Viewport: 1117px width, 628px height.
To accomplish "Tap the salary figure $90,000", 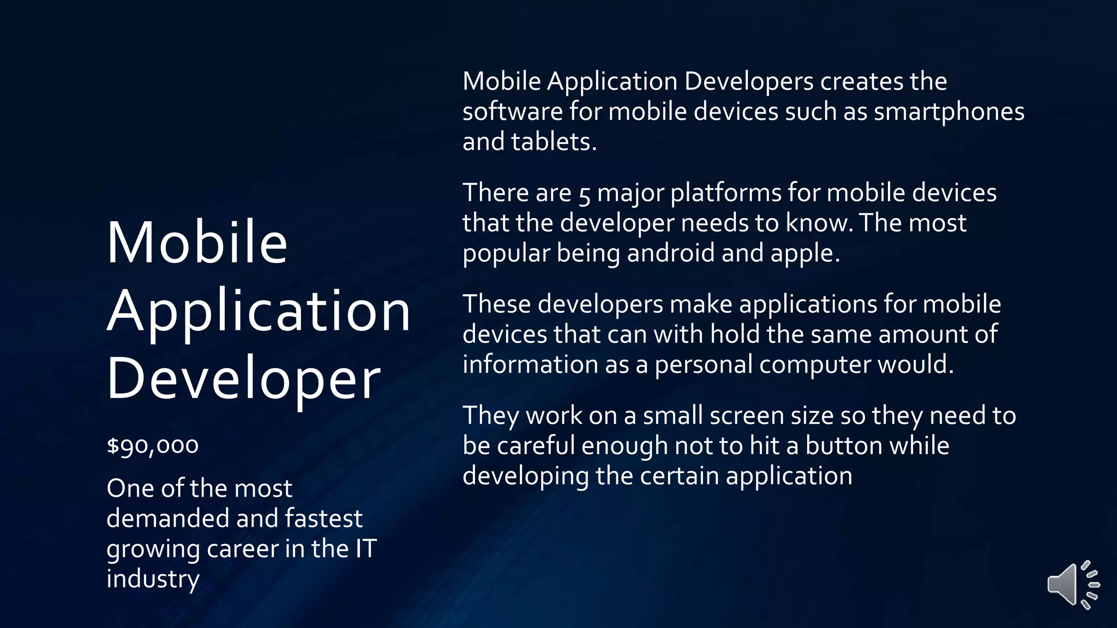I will click(x=153, y=445).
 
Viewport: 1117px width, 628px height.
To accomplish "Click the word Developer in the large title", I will click(x=243, y=378).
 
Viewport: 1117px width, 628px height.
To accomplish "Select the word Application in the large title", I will click(x=259, y=311).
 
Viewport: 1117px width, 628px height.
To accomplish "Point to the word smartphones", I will click(x=949, y=112).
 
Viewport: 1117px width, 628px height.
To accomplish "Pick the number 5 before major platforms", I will click(x=584, y=194).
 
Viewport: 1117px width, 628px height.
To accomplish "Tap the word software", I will click(x=512, y=112).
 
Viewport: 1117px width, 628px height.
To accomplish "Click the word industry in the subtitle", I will click(x=153, y=579).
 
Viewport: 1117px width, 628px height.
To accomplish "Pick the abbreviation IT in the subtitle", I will click(x=365, y=548).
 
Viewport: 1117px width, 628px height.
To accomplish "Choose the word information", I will click(x=530, y=365).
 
